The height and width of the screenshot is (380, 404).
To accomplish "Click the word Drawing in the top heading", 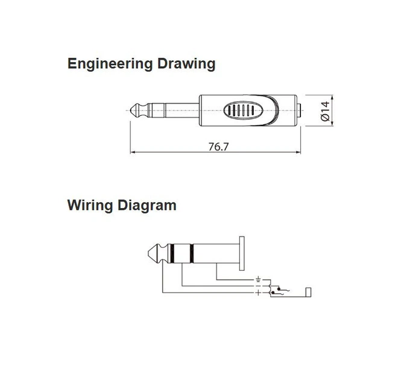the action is [186, 64].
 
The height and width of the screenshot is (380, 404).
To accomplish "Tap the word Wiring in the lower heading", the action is [90, 206].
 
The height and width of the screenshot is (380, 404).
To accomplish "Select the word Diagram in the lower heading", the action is [147, 206].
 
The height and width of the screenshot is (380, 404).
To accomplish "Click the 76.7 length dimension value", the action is [218, 147].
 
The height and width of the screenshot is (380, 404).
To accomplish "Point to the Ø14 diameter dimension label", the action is [325, 111].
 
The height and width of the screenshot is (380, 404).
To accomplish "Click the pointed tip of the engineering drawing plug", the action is [131, 110].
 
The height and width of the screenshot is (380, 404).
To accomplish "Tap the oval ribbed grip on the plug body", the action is [243, 110].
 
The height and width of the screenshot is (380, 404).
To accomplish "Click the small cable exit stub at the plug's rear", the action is [299, 110].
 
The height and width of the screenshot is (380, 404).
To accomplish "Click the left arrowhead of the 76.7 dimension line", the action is [133, 152].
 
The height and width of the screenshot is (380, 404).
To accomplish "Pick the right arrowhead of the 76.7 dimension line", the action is [298, 152].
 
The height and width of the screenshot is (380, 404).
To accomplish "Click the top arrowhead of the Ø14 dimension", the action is [332, 97].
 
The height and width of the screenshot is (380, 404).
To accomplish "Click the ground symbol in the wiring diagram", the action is [258, 279].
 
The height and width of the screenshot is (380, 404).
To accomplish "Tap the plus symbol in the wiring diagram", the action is [258, 293].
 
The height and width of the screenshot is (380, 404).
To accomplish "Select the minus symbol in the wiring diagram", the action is [258, 286].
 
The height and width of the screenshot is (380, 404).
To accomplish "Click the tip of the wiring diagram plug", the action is [149, 253].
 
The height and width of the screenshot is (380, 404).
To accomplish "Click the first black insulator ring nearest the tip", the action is [172, 253].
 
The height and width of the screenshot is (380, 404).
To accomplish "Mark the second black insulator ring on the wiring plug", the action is [192, 253].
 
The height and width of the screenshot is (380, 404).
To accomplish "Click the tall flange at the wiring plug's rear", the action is [242, 253].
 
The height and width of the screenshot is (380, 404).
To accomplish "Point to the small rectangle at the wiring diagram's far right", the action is [308, 292].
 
